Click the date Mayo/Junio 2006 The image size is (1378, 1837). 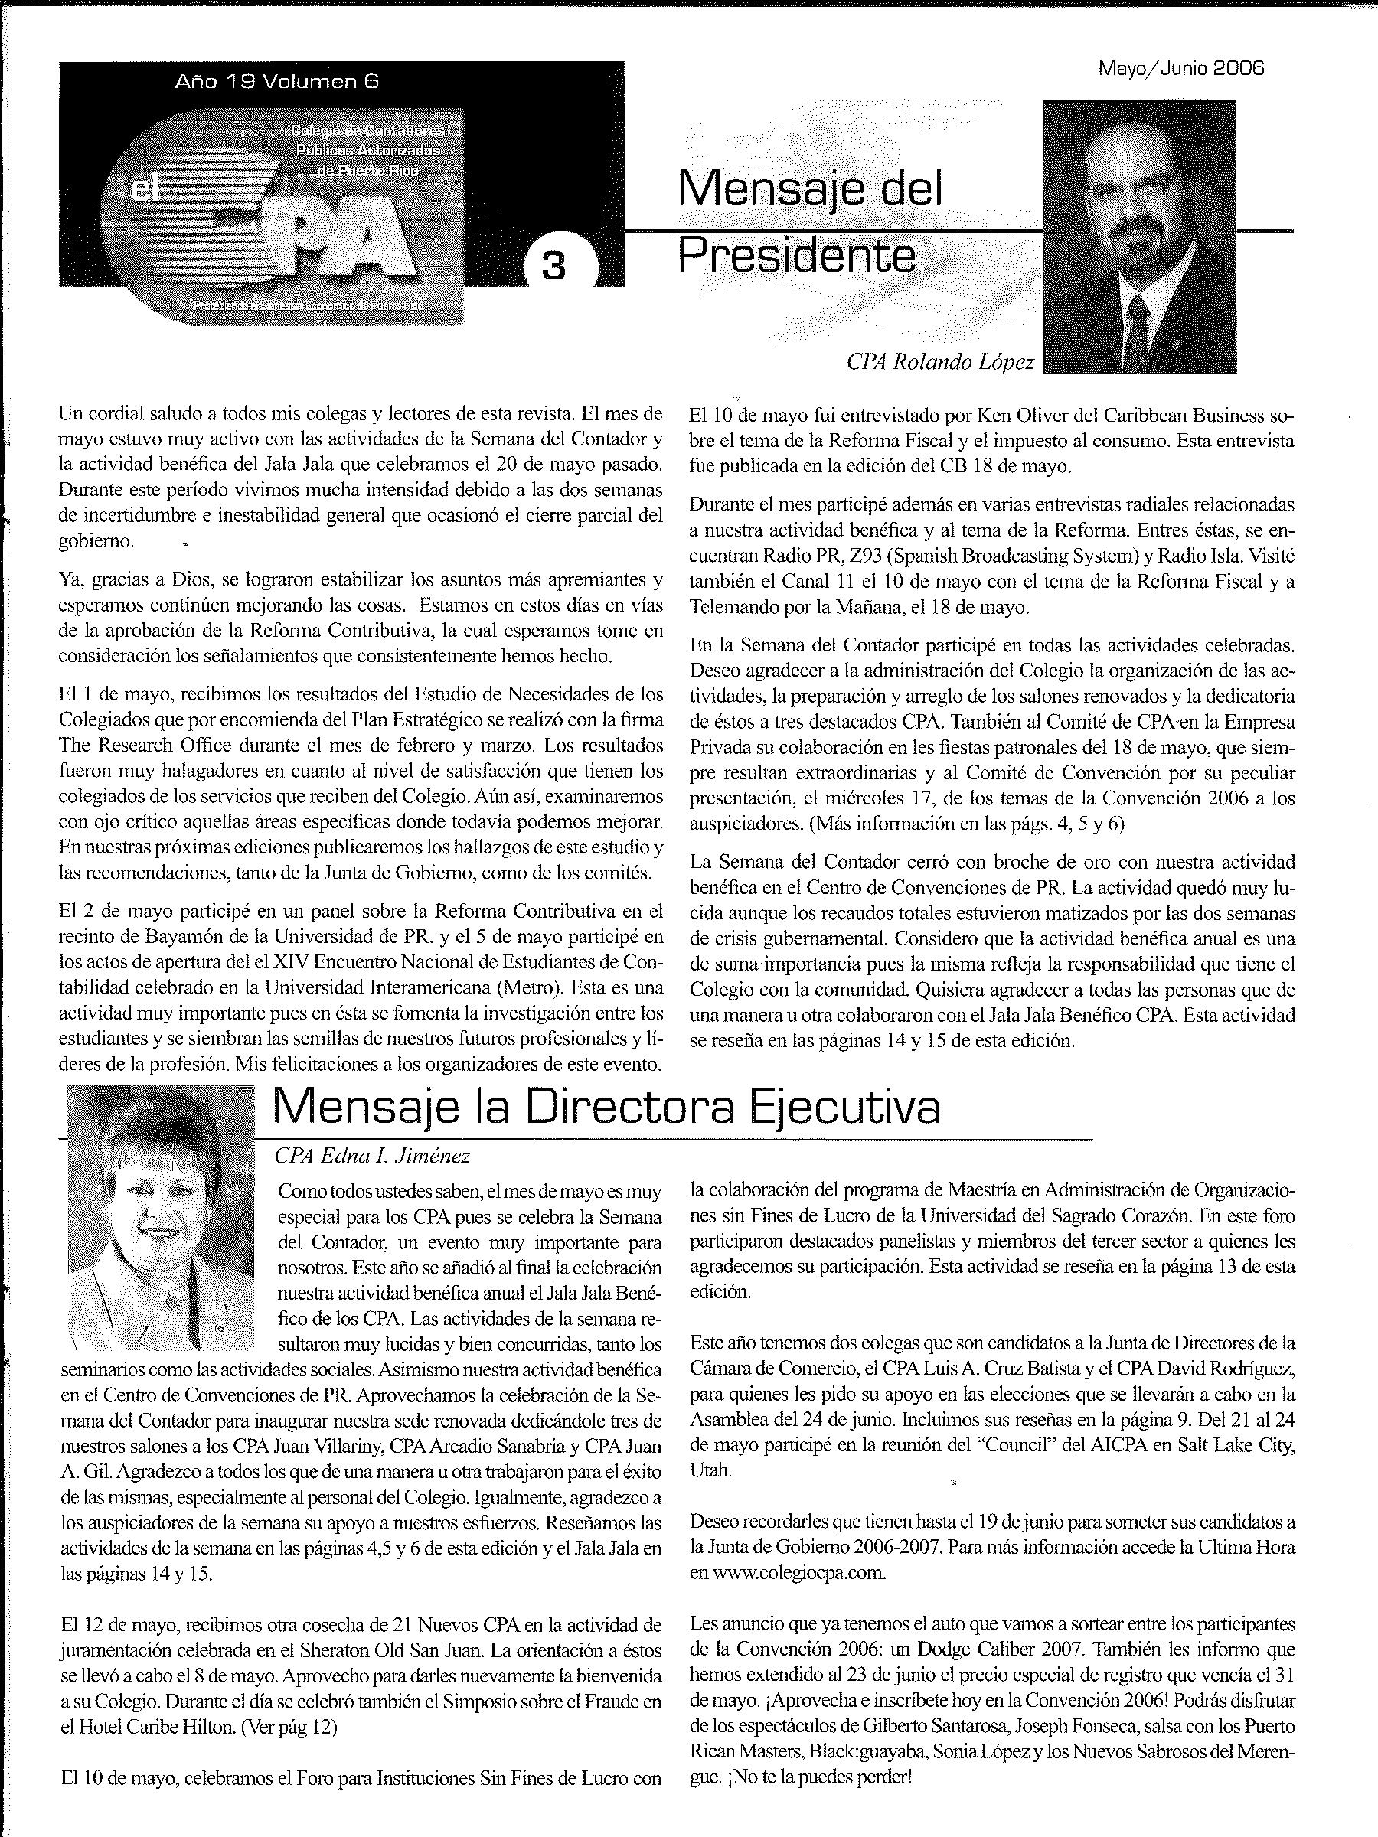coord(1181,69)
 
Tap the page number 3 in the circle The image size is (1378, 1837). coord(553,266)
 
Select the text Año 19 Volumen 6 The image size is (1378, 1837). coord(277,81)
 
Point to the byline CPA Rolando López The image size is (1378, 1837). coord(940,362)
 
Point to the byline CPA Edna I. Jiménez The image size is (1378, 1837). coord(372,1155)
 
